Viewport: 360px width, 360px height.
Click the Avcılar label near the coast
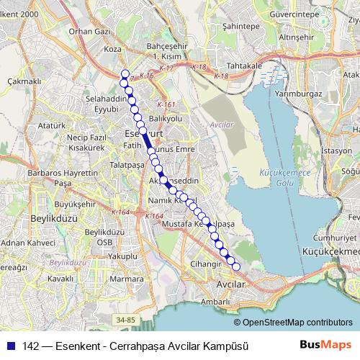[232, 285]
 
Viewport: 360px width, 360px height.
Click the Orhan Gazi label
[92, 32]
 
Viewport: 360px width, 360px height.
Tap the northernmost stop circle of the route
[125, 73]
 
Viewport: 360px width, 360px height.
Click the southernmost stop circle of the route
[235, 267]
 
